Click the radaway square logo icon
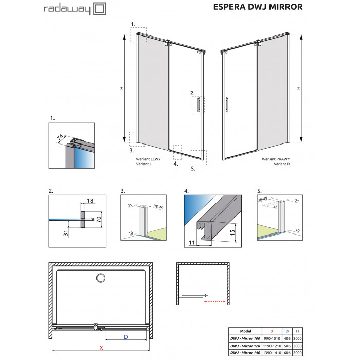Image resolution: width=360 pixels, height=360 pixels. pos(100,9)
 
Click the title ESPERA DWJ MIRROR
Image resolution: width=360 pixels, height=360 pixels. pos(258,7)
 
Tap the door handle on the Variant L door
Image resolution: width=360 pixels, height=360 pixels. pos(199,105)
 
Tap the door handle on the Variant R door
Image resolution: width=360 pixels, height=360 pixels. pos(227,105)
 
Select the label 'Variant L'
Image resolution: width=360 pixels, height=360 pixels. pos(143,164)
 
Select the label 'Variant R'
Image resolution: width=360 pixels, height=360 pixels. pos(282,164)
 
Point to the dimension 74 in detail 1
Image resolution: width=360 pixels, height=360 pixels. pos(60,137)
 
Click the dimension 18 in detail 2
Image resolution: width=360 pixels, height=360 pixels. pos(90,201)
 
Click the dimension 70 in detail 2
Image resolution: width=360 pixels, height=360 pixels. pos(99,219)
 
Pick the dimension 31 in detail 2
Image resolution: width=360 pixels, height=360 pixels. pos(66,233)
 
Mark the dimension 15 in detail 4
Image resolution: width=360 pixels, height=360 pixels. pos(232,233)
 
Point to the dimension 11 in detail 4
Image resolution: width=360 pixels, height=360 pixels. pos(192,242)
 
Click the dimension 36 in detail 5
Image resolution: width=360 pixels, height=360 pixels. pos(275,206)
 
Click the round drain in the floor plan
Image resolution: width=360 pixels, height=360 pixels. pos(101,278)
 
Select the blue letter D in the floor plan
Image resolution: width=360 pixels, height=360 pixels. pos(126,337)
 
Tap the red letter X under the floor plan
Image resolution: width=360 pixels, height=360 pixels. pos(101,348)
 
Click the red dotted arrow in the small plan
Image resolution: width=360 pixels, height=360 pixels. pos(215,301)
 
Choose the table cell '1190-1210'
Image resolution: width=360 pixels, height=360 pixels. pos(272,346)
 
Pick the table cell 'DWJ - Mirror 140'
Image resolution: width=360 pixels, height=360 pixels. pos(245,352)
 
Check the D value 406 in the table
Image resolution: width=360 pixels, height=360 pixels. pos(287,338)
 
